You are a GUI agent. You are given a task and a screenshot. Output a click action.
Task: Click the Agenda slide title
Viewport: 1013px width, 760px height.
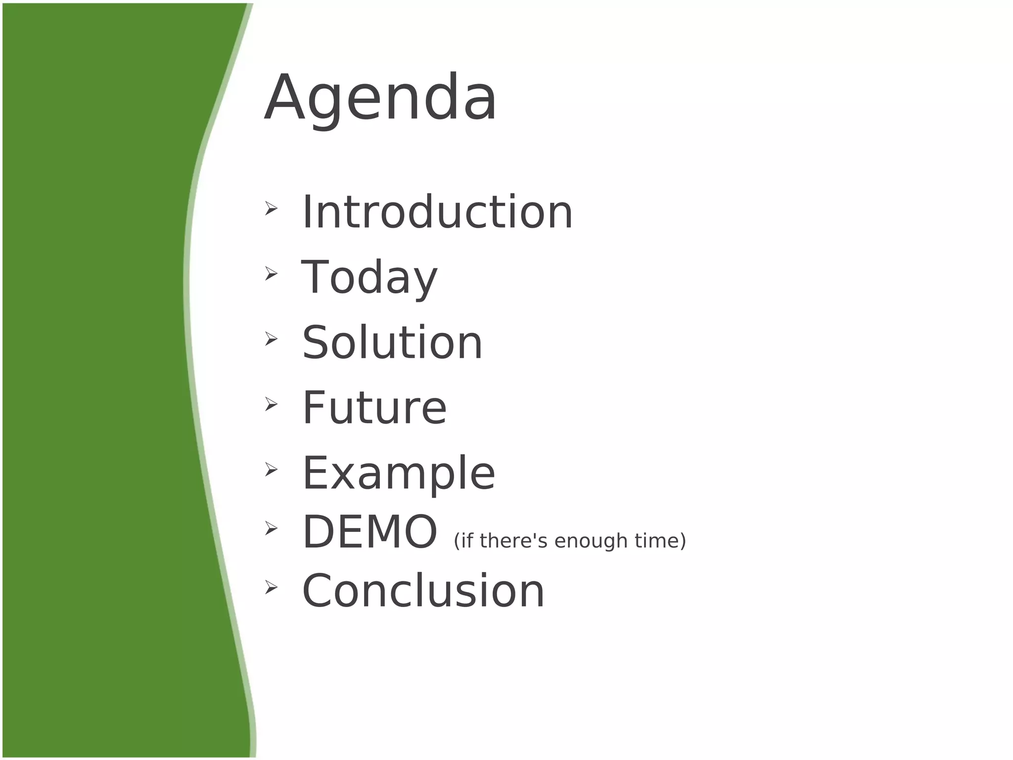(380, 98)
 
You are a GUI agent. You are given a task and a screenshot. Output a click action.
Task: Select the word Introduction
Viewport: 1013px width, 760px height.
(437, 212)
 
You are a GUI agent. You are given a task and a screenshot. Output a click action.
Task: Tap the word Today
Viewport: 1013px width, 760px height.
(369, 278)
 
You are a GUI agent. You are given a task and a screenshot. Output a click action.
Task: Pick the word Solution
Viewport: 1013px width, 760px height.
(392, 343)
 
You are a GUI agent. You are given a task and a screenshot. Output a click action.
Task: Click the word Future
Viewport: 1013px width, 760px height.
(374, 408)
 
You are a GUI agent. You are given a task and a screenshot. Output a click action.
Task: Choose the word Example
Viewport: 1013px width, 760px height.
(399, 474)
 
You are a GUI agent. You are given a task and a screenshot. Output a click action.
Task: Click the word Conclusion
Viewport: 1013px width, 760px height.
(423, 591)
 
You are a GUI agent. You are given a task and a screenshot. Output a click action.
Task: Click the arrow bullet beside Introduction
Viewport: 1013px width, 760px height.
(271, 208)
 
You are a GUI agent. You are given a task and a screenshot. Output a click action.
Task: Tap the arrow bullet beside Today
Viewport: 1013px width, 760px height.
(271, 273)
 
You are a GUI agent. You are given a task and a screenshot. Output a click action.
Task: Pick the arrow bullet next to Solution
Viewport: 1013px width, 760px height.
(271, 339)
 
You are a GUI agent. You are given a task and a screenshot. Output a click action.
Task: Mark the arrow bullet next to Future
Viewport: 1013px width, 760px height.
(271, 404)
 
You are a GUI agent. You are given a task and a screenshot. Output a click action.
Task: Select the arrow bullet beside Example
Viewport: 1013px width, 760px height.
(271, 469)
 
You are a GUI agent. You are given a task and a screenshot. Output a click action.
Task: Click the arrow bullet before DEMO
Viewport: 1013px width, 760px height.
(271, 528)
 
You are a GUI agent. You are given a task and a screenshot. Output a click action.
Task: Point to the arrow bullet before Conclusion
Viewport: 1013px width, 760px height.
(271, 587)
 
